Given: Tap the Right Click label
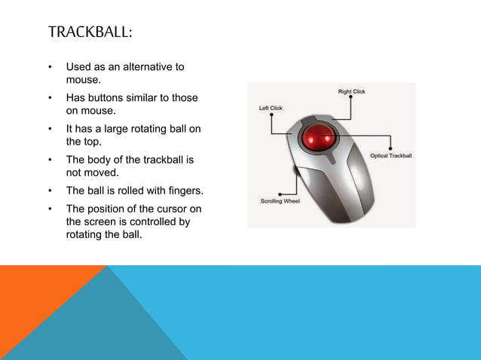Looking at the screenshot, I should point(351,92).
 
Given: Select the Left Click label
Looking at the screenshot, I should point(271,108).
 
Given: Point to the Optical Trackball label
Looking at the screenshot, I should point(391,156).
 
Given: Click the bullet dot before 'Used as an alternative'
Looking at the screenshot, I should point(50,67).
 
